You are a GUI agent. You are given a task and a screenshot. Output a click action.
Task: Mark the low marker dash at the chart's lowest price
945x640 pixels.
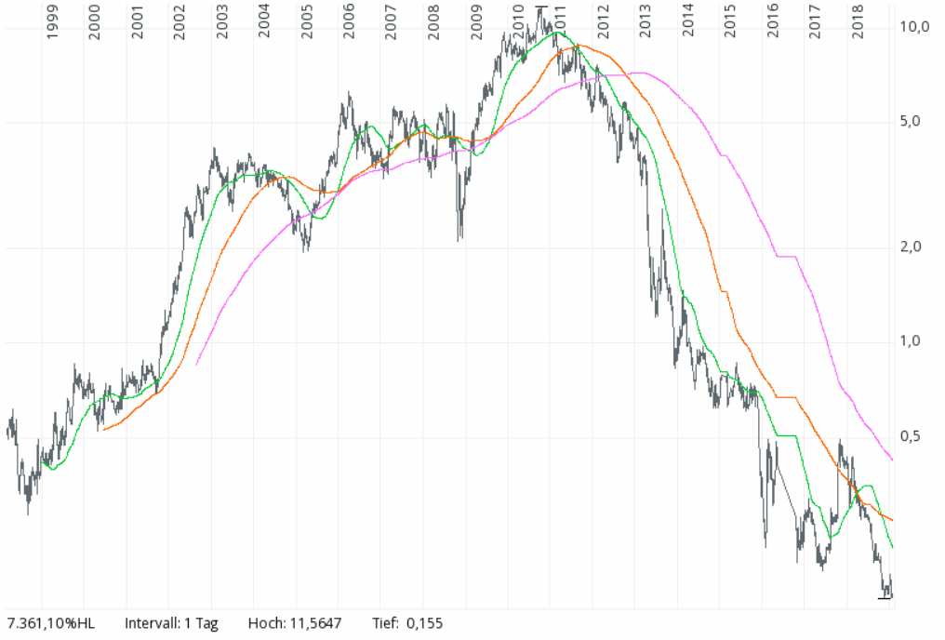tap(885, 598)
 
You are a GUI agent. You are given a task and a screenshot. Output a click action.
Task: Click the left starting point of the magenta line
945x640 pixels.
tap(197, 364)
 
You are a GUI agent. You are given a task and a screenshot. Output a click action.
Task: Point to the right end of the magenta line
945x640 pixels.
tap(893, 460)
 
